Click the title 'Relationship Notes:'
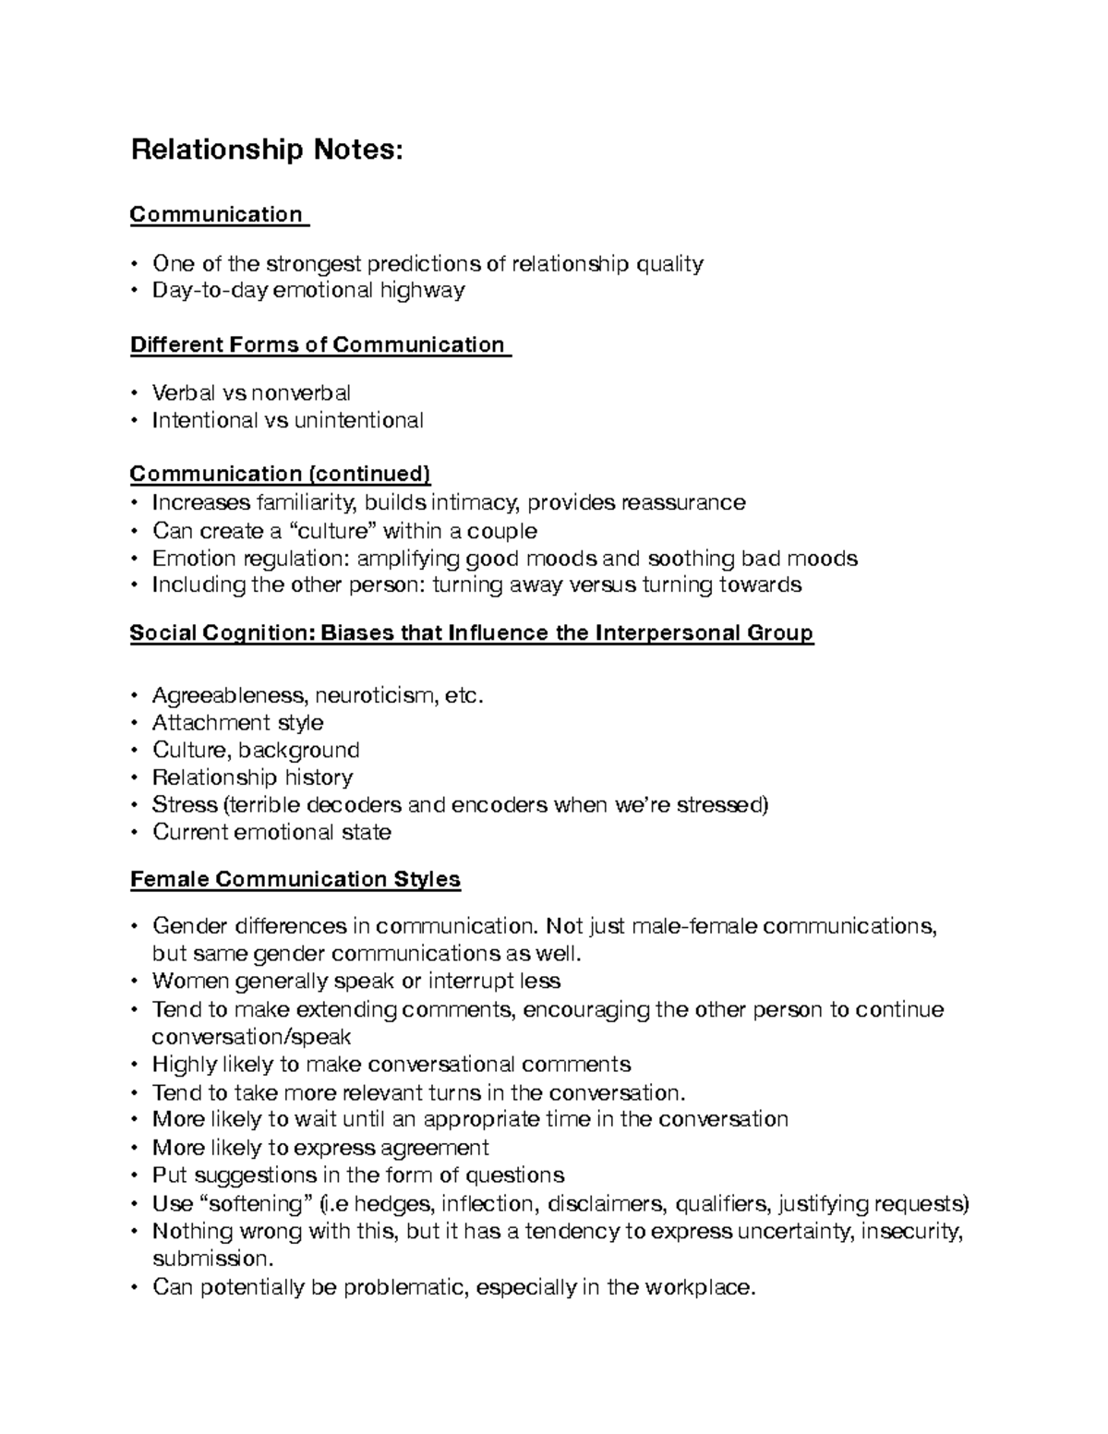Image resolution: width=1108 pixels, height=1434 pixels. click(267, 150)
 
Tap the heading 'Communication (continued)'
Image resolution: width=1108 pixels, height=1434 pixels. click(280, 475)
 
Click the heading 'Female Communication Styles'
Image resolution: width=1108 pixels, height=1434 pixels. click(295, 879)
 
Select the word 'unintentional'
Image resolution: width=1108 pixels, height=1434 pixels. click(359, 421)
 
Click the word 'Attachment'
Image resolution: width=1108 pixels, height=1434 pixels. click(211, 723)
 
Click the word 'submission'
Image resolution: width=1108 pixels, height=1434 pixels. click(212, 1259)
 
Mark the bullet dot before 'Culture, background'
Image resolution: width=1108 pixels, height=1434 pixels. click(135, 751)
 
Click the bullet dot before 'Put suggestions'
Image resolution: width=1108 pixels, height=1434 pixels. click(135, 1176)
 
